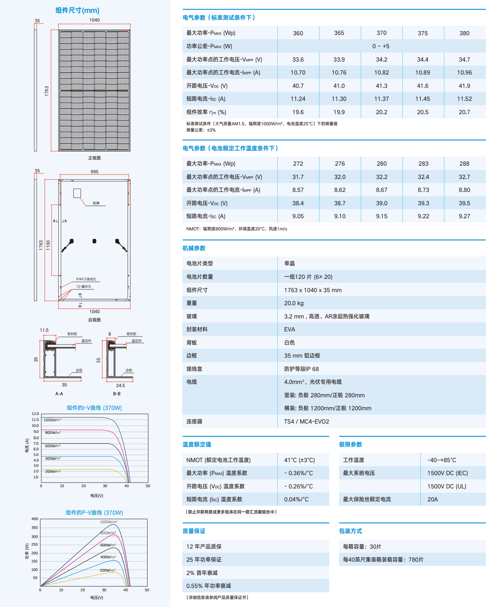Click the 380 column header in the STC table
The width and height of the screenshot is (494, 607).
[x=464, y=33]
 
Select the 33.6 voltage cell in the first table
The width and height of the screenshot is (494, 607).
[x=298, y=60]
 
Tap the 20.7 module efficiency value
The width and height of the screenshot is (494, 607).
[x=464, y=112]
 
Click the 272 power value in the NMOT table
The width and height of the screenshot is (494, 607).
[x=298, y=164]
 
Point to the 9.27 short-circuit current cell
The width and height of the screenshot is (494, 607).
[x=464, y=216]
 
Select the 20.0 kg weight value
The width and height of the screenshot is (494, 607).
[x=294, y=303]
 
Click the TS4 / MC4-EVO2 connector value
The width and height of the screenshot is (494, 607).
[x=306, y=422]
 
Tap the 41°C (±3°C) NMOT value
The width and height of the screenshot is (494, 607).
[x=299, y=460]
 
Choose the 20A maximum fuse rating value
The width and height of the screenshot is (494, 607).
[x=433, y=499]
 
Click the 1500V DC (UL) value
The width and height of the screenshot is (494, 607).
[x=447, y=486]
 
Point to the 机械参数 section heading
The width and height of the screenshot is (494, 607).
[x=194, y=248]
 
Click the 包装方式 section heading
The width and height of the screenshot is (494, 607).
[x=350, y=531]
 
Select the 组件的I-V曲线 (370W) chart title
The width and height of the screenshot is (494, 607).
[x=94, y=408]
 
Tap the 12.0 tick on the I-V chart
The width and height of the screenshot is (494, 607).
[x=35, y=414]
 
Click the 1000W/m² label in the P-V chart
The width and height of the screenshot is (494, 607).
[x=109, y=522]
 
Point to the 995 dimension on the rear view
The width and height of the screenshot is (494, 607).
[x=94, y=172]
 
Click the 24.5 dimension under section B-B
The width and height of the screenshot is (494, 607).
[x=120, y=386]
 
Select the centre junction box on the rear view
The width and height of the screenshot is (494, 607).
[x=94, y=241]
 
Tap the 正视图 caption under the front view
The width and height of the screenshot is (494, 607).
[x=94, y=158]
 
